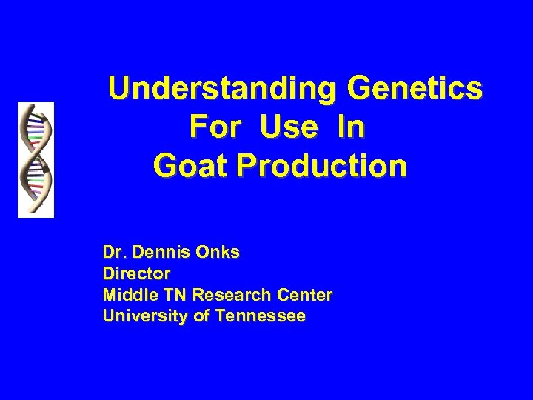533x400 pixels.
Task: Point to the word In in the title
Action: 349,127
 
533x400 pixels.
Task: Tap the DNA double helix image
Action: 36,159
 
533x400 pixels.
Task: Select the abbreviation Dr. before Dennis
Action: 115,253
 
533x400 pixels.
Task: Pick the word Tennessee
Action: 258,316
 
